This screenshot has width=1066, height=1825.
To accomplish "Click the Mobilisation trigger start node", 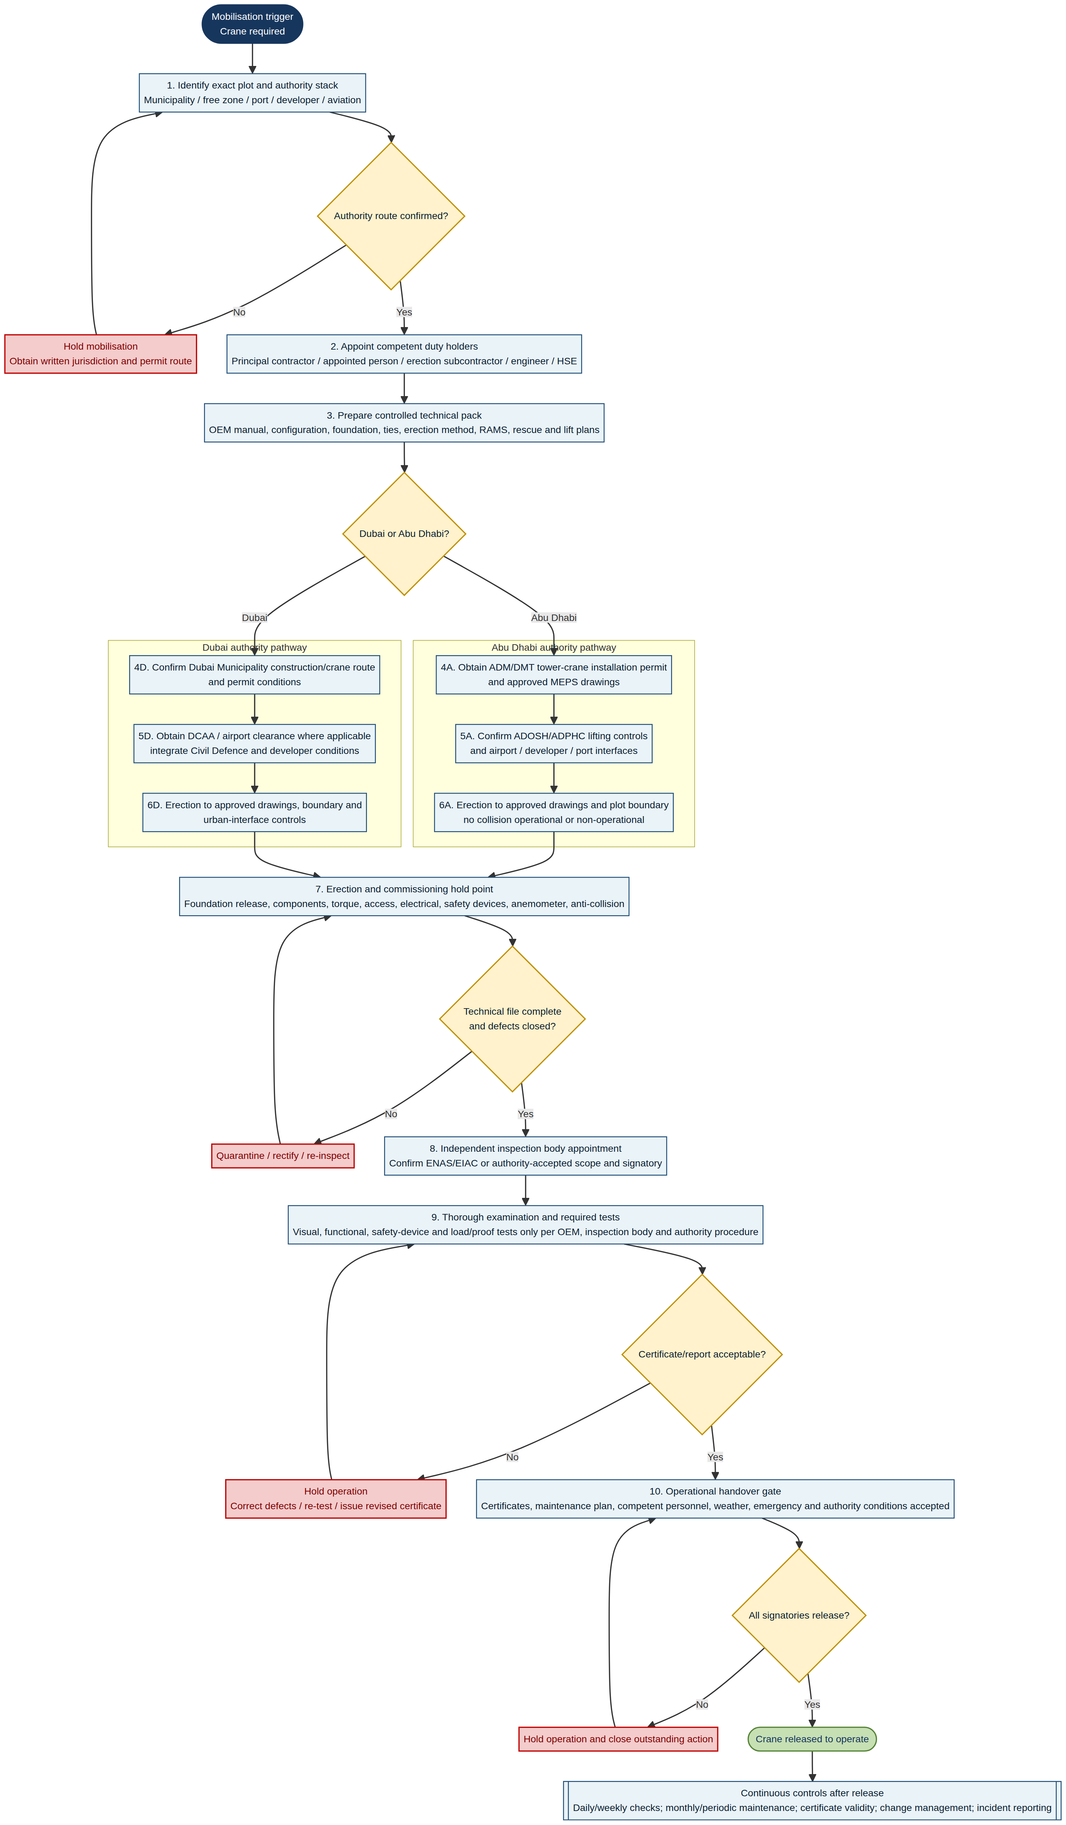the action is pos(252,24).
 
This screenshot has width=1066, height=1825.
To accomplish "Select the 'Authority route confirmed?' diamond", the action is pos(391,216).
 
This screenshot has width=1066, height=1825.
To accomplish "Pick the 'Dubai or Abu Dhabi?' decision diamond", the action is pos(404,534).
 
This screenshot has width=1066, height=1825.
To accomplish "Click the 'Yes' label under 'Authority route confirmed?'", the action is pos(404,312).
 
